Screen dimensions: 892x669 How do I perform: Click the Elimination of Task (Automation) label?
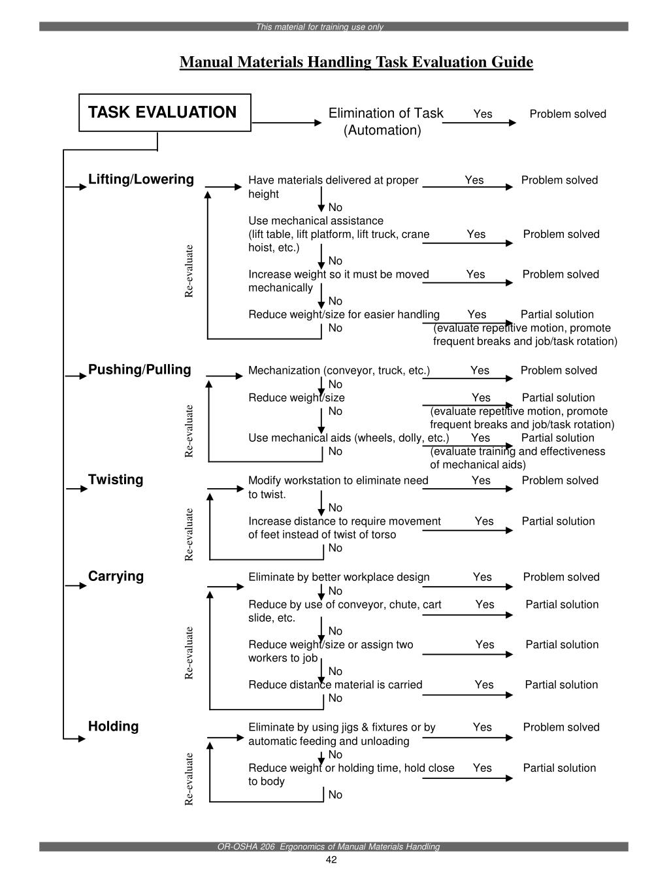pyautogui.click(x=385, y=122)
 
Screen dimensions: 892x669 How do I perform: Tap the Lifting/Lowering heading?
pyautogui.click(x=141, y=180)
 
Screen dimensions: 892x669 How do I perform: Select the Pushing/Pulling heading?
pyautogui.click(x=140, y=370)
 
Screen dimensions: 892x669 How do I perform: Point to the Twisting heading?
pyautogui.click(x=116, y=480)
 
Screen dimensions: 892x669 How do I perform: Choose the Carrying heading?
pyautogui.click(x=116, y=576)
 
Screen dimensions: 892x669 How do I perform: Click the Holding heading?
pyautogui.click(x=114, y=727)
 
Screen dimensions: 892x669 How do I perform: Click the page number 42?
pyautogui.click(x=331, y=860)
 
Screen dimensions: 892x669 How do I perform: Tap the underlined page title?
pyautogui.click(x=356, y=62)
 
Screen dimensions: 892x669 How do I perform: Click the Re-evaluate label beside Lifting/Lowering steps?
pyautogui.click(x=189, y=271)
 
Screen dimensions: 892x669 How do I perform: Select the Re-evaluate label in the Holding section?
pyautogui.click(x=189, y=779)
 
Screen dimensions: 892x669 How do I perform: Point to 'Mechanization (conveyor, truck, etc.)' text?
pyautogui.click(x=339, y=371)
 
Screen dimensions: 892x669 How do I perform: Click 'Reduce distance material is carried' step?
pyautogui.click(x=335, y=685)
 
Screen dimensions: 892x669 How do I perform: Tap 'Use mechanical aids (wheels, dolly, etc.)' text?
pyautogui.click(x=348, y=438)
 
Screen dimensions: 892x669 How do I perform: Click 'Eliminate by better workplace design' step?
pyautogui.click(x=339, y=577)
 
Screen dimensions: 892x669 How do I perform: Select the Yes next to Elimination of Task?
pyautogui.click(x=483, y=114)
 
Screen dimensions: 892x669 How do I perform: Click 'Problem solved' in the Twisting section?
pyautogui.click(x=560, y=480)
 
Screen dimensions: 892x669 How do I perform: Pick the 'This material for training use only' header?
pyautogui.click(x=319, y=27)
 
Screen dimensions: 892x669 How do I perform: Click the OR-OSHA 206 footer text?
pyautogui.click(x=329, y=847)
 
